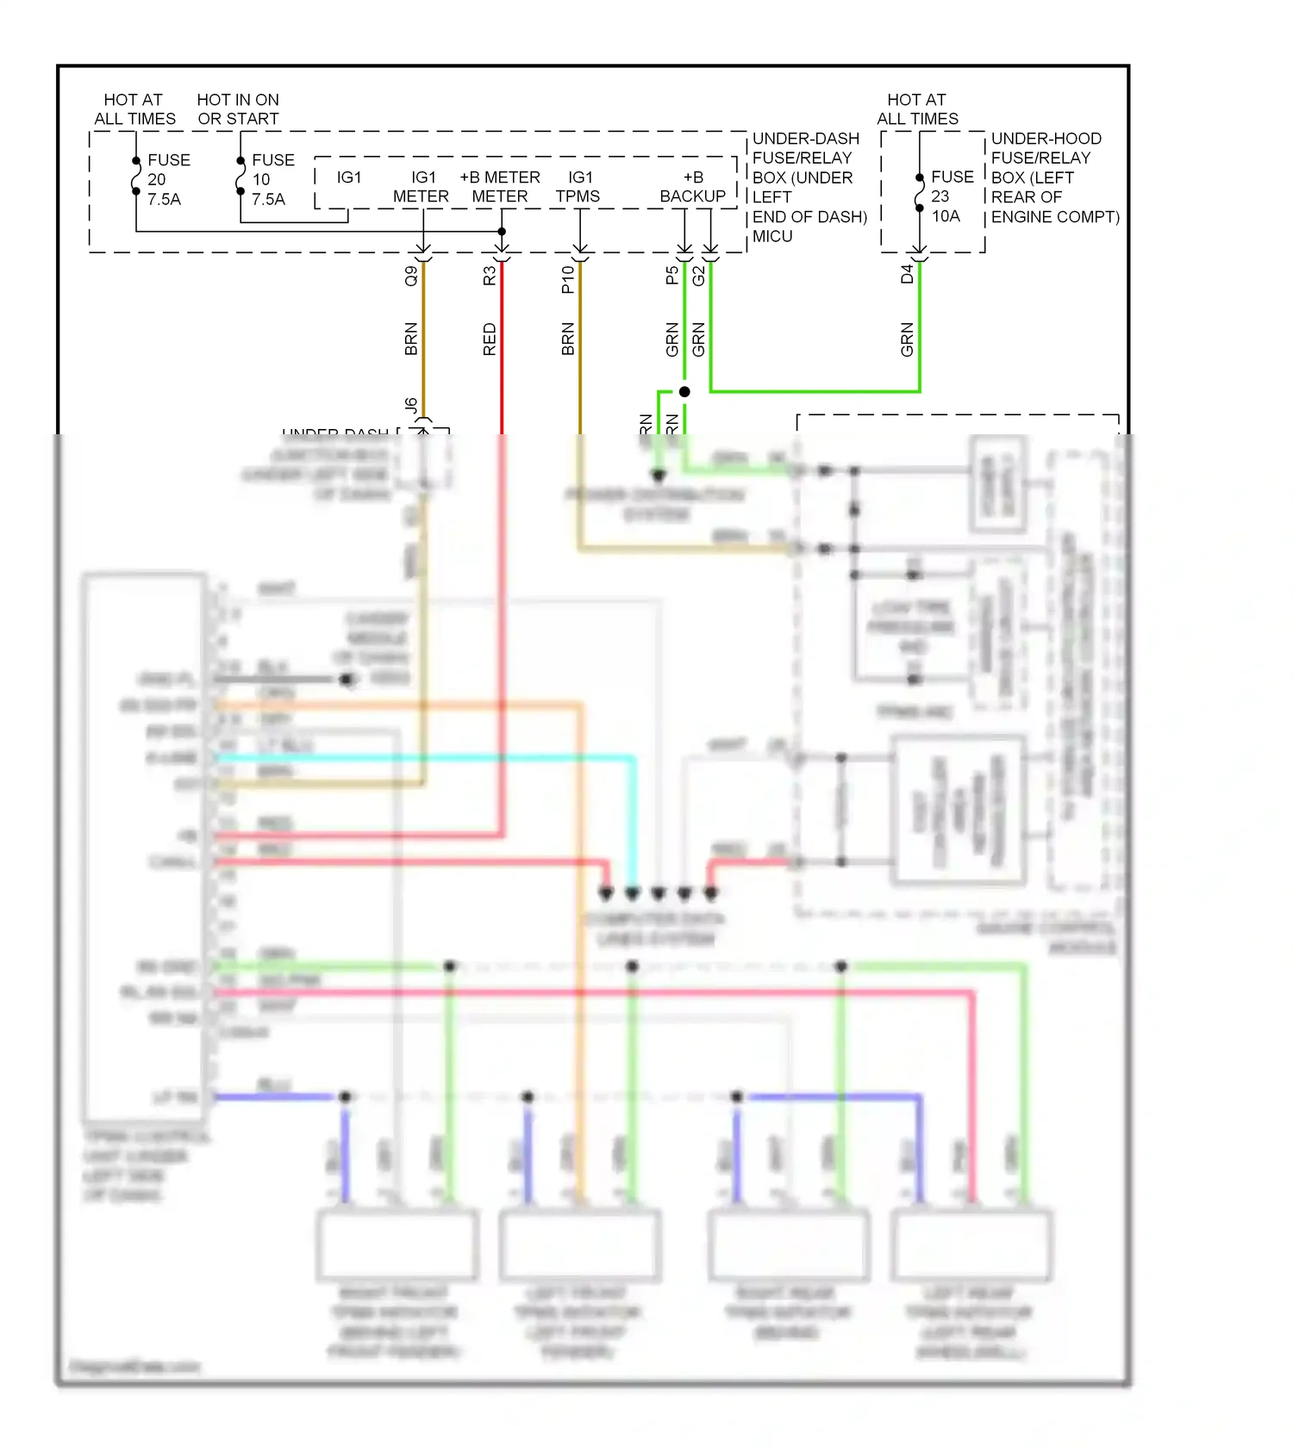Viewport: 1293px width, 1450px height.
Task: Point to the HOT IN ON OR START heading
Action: pyautogui.click(x=238, y=109)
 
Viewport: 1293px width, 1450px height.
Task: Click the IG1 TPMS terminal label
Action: pyautogui.click(x=578, y=187)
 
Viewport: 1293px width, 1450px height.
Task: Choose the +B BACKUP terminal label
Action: pyautogui.click(x=693, y=187)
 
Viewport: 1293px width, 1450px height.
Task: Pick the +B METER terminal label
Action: pyautogui.click(x=500, y=187)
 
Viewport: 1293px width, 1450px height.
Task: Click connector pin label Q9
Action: pyautogui.click(x=411, y=276)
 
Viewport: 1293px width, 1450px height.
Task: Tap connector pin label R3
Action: pyautogui.click(x=490, y=276)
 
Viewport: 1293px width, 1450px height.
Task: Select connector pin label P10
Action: pyautogui.click(x=568, y=279)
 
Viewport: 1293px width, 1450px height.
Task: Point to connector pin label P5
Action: pyautogui.click(x=672, y=276)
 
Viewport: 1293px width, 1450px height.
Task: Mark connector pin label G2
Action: pyautogui.click(x=698, y=276)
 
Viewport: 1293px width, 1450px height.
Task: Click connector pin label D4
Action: pyautogui.click(x=907, y=275)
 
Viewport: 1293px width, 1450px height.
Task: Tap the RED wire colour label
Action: pyautogui.click(x=490, y=339)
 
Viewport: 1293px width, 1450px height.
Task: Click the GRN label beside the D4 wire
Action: pyautogui.click(x=907, y=339)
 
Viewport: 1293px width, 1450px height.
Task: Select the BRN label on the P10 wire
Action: pyautogui.click(x=568, y=339)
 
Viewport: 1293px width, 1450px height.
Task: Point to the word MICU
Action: pyautogui.click(x=772, y=236)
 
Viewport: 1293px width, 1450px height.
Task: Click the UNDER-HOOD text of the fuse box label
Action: pyautogui.click(x=1046, y=139)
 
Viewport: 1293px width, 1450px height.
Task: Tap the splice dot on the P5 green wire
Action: pyautogui.click(x=684, y=392)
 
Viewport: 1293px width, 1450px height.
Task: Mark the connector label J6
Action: pyautogui.click(x=411, y=405)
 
